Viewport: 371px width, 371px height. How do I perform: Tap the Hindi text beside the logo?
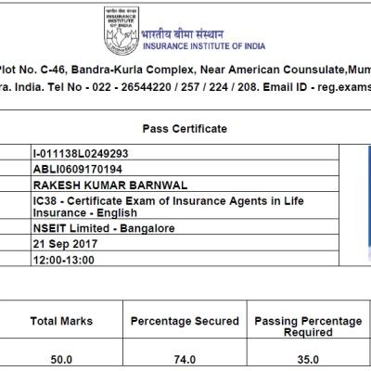(x=183, y=33)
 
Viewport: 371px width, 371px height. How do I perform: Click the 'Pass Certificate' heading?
(x=185, y=129)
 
